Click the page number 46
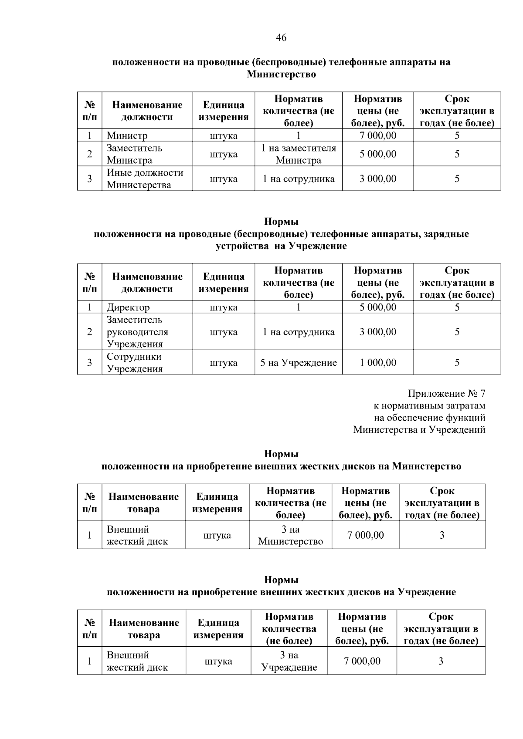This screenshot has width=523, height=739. click(x=281, y=38)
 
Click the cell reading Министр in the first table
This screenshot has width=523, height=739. click(x=127, y=135)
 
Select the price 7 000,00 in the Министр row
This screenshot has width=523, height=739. click(x=378, y=135)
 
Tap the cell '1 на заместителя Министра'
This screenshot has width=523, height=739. click(x=299, y=154)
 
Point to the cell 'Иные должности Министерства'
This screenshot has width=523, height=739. click(x=145, y=179)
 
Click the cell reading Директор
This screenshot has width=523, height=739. click(x=128, y=307)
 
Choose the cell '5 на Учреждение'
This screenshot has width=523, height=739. click(x=299, y=363)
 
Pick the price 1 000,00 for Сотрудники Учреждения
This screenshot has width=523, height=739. click(x=378, y=363)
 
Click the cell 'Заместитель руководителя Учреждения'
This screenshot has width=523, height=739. click(x=137, y=332)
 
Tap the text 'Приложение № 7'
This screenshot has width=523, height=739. click(x=446, y=394)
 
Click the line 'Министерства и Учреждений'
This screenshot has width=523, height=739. click(x=419, y=430)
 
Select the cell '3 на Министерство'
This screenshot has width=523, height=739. click(x=290, y=535)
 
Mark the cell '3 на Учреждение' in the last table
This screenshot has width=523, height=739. click(x=289, y=661)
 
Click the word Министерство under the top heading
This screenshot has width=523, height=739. click(x=281, y=74)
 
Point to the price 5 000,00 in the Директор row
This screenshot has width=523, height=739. click(x=378, y=307)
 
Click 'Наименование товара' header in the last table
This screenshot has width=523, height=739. click(x=144, y=629)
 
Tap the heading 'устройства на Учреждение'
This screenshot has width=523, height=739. click(x=281, y=246)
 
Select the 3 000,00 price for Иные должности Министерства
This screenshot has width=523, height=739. click(x=378, y=179)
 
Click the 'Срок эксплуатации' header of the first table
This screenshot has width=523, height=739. click(x=457, y=111)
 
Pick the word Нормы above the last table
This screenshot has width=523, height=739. click(x=281, y=580)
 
